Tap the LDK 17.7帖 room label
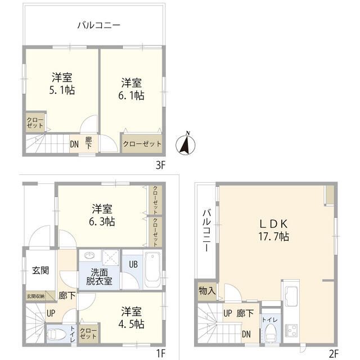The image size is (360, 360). coord(274,229)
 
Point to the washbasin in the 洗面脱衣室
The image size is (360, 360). coord(89,257)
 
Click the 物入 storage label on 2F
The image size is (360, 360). coord(206,291)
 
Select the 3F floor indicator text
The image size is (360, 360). coord(160,165)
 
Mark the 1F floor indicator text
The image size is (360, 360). coord(160,353)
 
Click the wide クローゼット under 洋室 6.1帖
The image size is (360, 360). coord(142,143)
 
